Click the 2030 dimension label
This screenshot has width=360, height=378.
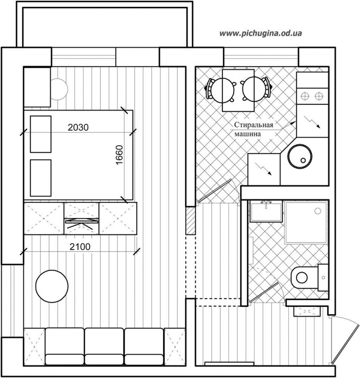point(78,127)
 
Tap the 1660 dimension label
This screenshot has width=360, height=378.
point(120,155)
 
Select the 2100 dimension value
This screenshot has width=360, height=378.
point(80,247)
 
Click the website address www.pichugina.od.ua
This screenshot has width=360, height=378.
point(260,33)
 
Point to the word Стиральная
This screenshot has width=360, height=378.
point(254,125)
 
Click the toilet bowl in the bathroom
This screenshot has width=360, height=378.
point(304,277)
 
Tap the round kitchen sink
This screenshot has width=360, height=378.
point(300,157)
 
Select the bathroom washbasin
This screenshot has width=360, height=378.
point(266,211)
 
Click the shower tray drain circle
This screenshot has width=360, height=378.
point(318,211)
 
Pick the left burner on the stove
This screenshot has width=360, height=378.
point(305,96)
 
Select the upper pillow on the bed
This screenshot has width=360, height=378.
point(40,134)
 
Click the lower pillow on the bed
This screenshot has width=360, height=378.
point(40,178)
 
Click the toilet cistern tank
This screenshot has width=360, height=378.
point(323,277)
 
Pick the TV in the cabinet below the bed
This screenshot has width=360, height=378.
point(82,221)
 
